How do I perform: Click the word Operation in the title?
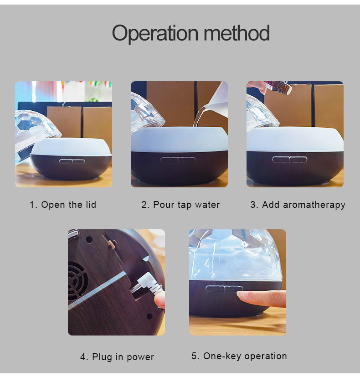155,34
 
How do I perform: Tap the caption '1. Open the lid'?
63,205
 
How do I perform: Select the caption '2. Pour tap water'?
180,205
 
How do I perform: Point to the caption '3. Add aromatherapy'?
298,205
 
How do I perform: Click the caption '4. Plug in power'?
117,357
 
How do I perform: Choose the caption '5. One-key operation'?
239,356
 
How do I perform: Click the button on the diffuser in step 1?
72,161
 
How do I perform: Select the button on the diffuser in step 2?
178,160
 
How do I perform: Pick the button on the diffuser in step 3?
289,159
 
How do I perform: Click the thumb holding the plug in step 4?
159,299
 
